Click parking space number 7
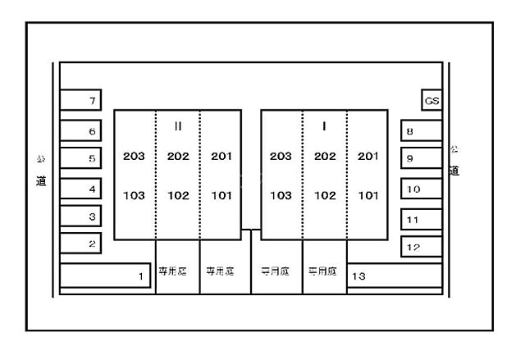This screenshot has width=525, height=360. pos(81,102)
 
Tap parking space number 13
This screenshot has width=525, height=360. pos(394,276)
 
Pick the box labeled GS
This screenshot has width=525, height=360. pos(431,101)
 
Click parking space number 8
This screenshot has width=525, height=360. pos(421,131)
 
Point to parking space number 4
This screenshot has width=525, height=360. pos(81,189)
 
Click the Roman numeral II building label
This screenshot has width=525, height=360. pos(178,126)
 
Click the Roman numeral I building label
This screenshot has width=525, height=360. pos(325,126)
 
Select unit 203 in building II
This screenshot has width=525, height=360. pos(134,156)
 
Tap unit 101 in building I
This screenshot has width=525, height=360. pos(368,196)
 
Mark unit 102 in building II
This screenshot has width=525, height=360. pos(178,196)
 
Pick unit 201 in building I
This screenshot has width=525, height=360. pos(368,156)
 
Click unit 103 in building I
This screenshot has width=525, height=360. pos(281,196)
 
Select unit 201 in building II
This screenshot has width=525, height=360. pos(221,156)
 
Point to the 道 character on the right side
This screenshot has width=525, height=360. pos(454,171)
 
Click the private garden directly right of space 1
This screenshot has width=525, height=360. pos(177,269)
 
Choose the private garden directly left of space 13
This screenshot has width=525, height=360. pos(324,269)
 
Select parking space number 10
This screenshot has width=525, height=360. pos(421,189)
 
